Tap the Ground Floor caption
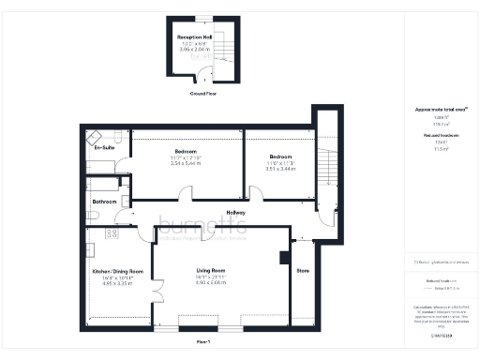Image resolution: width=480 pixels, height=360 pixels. pyautogui.click(x=204, y=94)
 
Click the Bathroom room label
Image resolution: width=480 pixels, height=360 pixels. pyautogui.click(x=104, y=202)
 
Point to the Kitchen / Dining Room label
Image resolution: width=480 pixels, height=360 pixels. pyautogui.click(x=117, y=272)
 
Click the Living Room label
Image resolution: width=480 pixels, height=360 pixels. pyautogui.click(x=213, y=272)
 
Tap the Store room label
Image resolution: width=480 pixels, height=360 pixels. pyautogui.click(x=302, y=273)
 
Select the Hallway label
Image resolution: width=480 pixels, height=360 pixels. pyautogui.click(x=236, y=213)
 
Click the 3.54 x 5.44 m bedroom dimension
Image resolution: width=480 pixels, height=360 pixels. pyautogui.click(x=185, y=163)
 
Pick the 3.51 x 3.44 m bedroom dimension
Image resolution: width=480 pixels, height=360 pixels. pyautogui.click(x=281, y=169)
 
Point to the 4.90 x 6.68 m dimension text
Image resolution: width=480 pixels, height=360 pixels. pyautogui.click(x=213, y=285)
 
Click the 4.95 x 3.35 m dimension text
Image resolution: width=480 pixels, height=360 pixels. pyautogui.click(x=117, y=285)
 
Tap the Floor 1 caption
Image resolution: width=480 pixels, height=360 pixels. pyautogui.click(x=203, y=344)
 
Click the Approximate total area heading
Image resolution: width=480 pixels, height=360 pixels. pyautogui.click(x=441, y=110)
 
